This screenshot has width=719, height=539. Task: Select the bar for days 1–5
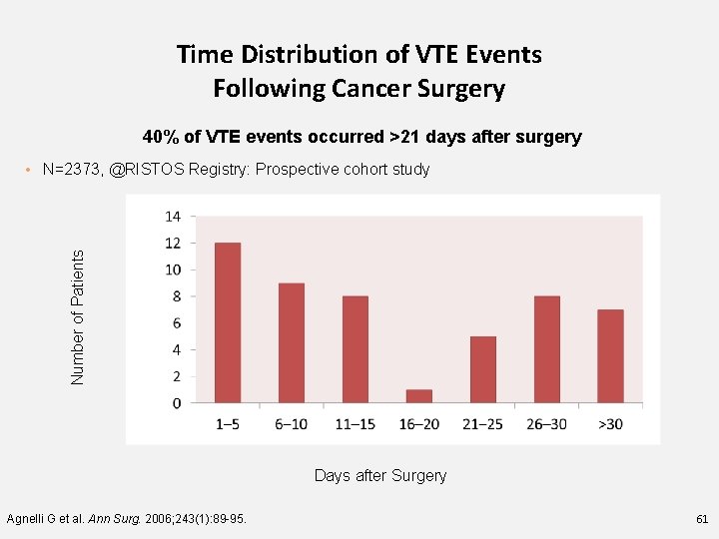pyautogui.click(x=228, y=322)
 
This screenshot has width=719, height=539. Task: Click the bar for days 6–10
pyautogui.click(x=292, y=342)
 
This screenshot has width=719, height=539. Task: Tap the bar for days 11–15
pyautogui.click(x=356, y=349)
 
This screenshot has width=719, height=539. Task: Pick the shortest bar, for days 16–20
pyautogui.click(x=419, y=396)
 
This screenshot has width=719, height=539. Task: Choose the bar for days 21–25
pyautogui.click(x=483, y=369)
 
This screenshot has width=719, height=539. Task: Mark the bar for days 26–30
pyautogui.click(x=547, y=349)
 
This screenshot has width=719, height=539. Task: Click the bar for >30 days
pyautogui.click(x=610, y=356)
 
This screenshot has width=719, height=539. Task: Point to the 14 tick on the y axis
pyautogui.click(x=172, y=216)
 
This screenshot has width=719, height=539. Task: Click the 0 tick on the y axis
pyautogui.click(x=176, y=403)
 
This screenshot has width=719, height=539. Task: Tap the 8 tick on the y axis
pyautogui.click(x=176, y=296)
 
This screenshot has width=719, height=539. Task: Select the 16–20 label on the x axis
pyautogui.click(x=419, y=424)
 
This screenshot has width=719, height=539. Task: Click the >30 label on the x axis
pyautogui.click(x=610, y=424)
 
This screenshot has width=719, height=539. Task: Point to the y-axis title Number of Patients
pyautogui.click(x=78, y=316)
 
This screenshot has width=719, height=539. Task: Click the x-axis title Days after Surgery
pyautogui.click(x=380, y=476)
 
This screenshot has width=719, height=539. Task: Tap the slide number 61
pyautogui.click(x=700, y=519)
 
